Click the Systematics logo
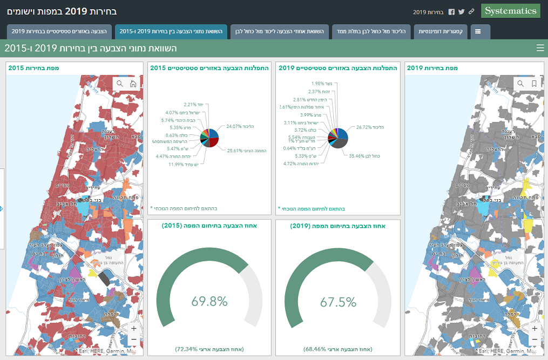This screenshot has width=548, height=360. (x=510, y=11)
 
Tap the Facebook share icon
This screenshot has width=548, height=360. (x=451, y=11)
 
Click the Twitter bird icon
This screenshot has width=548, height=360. (x=461, y=11)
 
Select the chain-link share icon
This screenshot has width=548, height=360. (x=471, y=11)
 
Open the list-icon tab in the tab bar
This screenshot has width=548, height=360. (x=478, y=31)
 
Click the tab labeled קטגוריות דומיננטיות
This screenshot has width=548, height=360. (x=442, y=31)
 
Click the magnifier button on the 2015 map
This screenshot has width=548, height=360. (x=120, y=84)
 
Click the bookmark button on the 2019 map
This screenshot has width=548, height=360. (x=534, y=84)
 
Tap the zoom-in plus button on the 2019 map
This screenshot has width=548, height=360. (x=535, y=328)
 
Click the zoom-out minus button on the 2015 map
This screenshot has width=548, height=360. (x=134, y=339)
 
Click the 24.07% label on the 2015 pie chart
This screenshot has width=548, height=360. (x=235, y=126)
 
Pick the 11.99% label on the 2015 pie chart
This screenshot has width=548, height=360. (x=177, y=165)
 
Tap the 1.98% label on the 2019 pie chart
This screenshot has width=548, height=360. (x=317, y=83)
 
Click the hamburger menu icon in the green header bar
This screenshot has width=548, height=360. (x=540, y=48)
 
